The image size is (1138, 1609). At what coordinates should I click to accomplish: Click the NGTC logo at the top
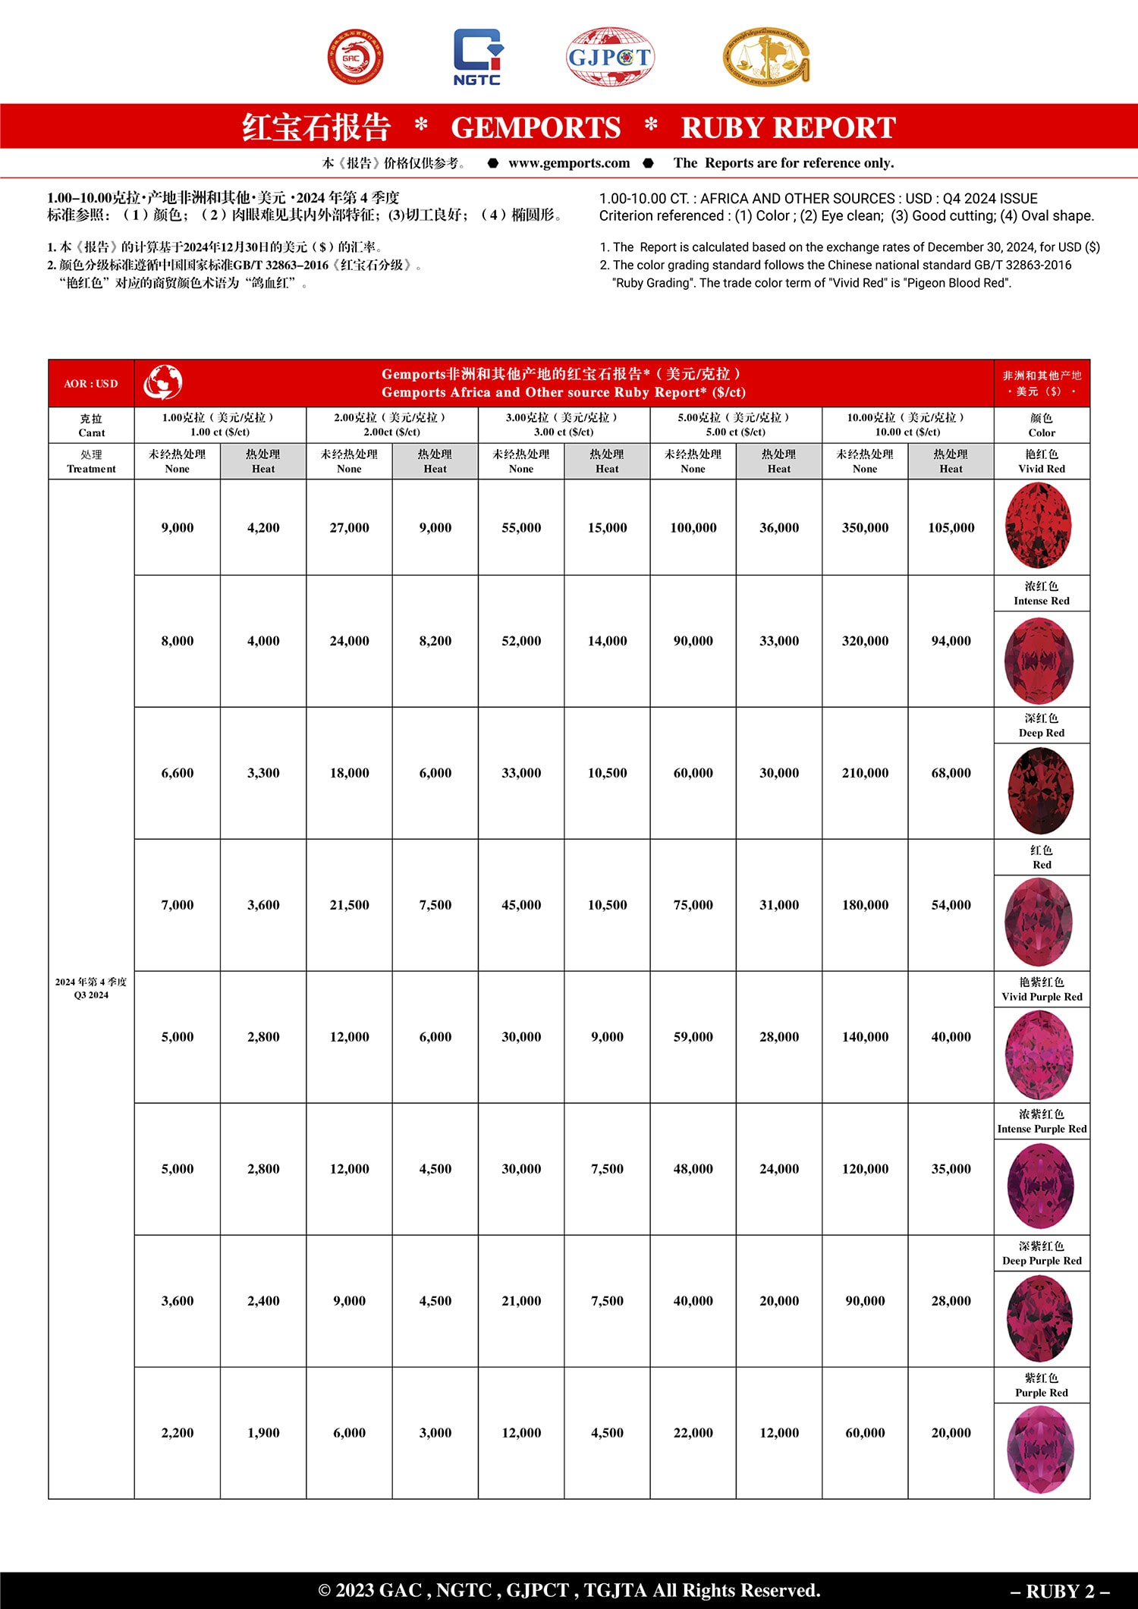[477, 57]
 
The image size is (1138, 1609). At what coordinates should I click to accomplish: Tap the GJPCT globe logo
[610, 57]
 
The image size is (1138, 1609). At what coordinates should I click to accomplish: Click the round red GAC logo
[355, 57]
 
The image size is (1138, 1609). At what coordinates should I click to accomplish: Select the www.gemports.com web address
[569, 163]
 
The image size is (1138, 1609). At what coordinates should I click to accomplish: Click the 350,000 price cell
[865, 528]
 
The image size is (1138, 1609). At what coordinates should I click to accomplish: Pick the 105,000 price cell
[951, 528]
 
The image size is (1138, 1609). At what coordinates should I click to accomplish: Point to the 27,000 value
[349, 528]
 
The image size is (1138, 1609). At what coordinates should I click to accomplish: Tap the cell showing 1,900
[263, 1433]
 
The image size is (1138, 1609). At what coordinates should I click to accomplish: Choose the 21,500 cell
[349, 905]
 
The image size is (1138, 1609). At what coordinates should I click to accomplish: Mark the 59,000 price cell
[693, 1037]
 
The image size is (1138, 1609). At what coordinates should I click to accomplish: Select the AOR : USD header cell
[91, 384]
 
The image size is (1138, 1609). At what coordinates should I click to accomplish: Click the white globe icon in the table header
[163, 382]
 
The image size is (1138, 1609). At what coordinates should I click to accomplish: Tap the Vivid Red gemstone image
[1038, 526]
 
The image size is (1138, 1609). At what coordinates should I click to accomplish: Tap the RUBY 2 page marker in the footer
[1060, 1591]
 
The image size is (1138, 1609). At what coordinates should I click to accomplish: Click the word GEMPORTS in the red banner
[536, 127]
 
